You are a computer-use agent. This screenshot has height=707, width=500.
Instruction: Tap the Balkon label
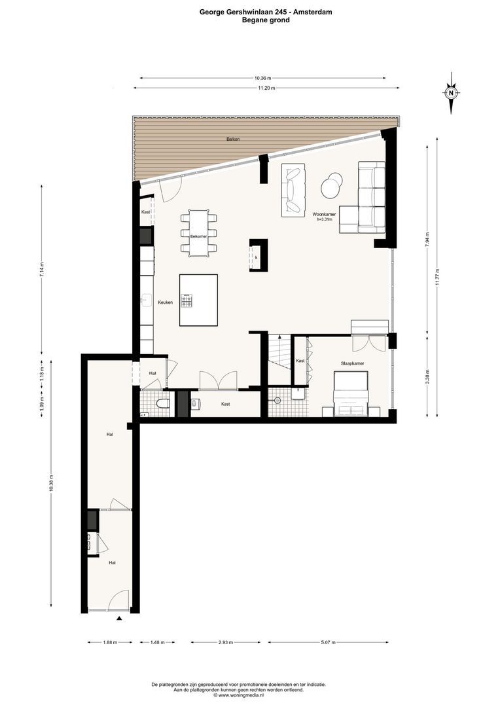point(232,139)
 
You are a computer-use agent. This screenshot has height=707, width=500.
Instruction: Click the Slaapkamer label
point(353,363)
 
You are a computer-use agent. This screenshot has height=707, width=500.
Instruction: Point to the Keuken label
point(166,302)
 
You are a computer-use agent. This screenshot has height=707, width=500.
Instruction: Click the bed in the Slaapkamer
point(350,393)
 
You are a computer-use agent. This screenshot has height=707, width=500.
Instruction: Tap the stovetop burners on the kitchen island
point(187,300)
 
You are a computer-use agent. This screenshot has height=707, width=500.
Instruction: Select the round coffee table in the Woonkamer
point(332,185)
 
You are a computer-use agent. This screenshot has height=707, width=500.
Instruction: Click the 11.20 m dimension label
point(266,88)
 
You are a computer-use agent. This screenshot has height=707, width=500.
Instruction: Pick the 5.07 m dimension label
point(328,643)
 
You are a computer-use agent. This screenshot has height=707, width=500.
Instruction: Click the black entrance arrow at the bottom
point(119,619)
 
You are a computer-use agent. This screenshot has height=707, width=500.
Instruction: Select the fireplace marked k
point(259,255)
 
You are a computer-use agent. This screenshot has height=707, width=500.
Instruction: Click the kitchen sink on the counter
point(146,299)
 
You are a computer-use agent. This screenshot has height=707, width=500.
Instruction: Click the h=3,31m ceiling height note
point(325,219)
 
